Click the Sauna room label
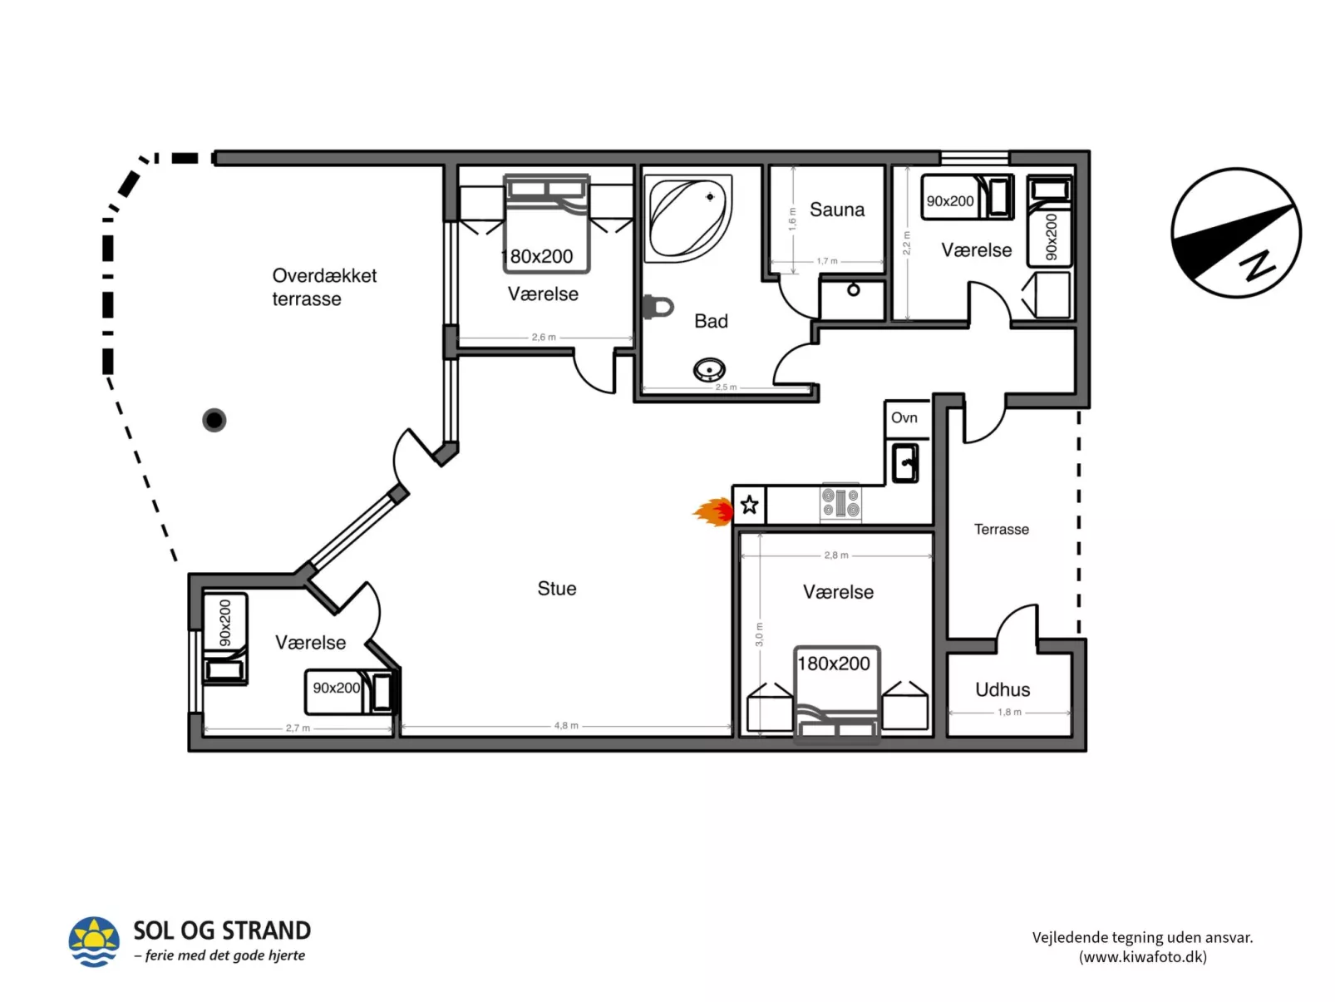tap(836, 210)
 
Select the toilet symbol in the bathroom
tap(658, 307)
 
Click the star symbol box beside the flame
tap(749, 505)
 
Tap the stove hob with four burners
tap(840, 503)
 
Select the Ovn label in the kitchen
tap(904, 417)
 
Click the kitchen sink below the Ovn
tap(905, 462)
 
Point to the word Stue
tap(556, 589)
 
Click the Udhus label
tap(1002, 689)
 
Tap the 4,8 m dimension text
tap(566, 726)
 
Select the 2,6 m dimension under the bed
tap(544, 338)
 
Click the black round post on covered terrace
tap(214, 420)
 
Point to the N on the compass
tap(1257, 265)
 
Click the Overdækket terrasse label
tap(323, 287)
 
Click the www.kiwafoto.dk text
tap(1142, 957)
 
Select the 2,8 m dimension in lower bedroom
tap(836, 555)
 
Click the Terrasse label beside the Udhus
tap(1001, 530)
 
